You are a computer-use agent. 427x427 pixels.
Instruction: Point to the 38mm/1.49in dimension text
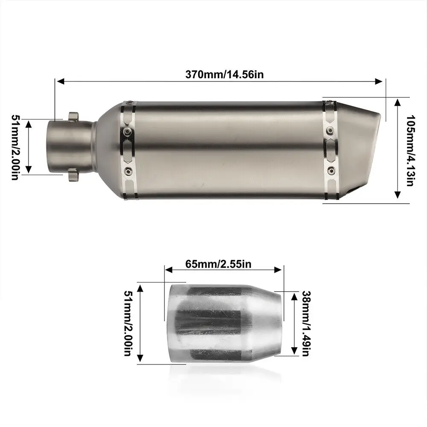pyautogui.click(x=306, y=323)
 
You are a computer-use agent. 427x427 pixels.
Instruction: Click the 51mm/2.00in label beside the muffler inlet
pyautogui.click(x=15, y=147)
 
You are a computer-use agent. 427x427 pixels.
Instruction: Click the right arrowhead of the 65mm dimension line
pyautogui.click(x=278, y=269)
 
